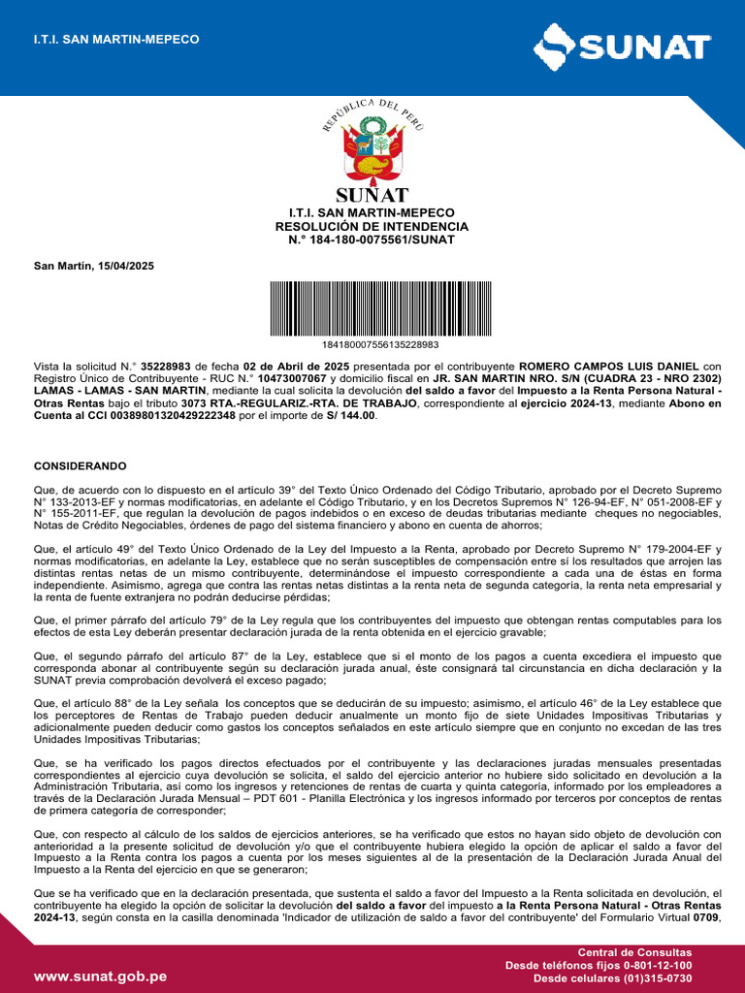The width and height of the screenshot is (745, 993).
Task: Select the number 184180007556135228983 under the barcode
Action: pos(379,344)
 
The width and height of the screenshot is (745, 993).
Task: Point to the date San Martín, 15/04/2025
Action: pos(94,266)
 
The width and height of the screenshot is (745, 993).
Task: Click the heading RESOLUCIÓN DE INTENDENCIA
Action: pos(372,226)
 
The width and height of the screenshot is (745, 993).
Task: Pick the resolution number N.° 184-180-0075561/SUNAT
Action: pos(372,240)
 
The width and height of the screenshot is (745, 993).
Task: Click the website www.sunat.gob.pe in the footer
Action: pos(101,977)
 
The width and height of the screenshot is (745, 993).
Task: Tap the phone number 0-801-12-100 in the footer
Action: pos(656,966)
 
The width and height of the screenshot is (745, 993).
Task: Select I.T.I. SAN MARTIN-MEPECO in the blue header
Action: pos(116,39)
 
